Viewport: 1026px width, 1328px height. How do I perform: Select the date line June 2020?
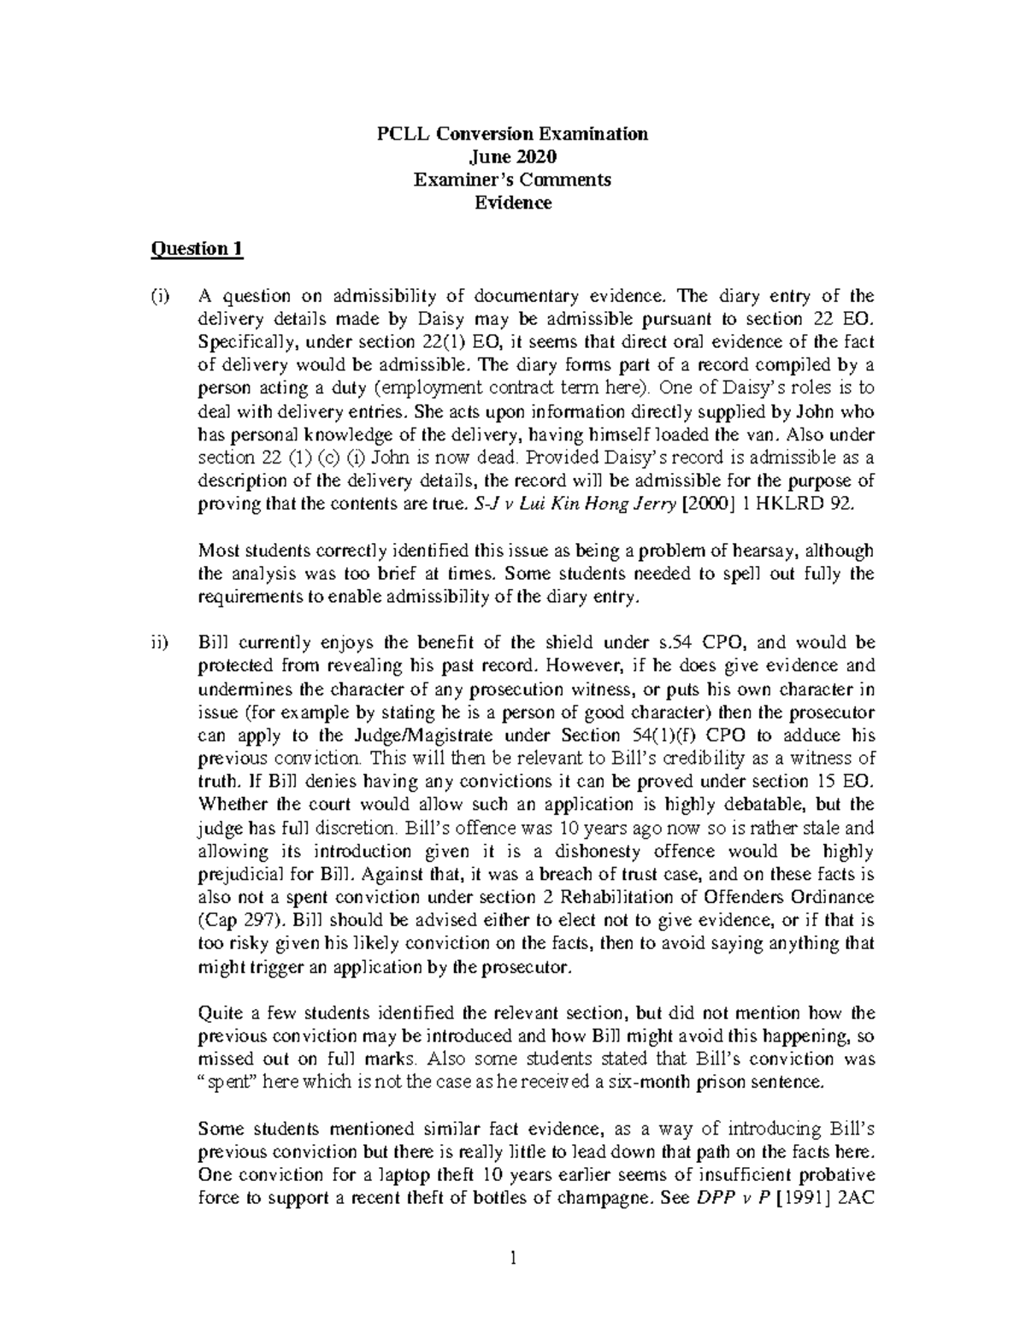[x=513, y=156]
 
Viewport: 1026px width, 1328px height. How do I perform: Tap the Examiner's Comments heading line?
[x=513, y=180]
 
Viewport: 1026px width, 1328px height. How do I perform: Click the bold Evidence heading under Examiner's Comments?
[x=513, y=203]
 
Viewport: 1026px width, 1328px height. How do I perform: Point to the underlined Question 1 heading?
[x=197, y=249]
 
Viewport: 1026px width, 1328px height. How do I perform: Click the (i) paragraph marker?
[x=161, y=297]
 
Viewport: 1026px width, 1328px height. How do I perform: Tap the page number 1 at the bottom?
[x=513, y=1258]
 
